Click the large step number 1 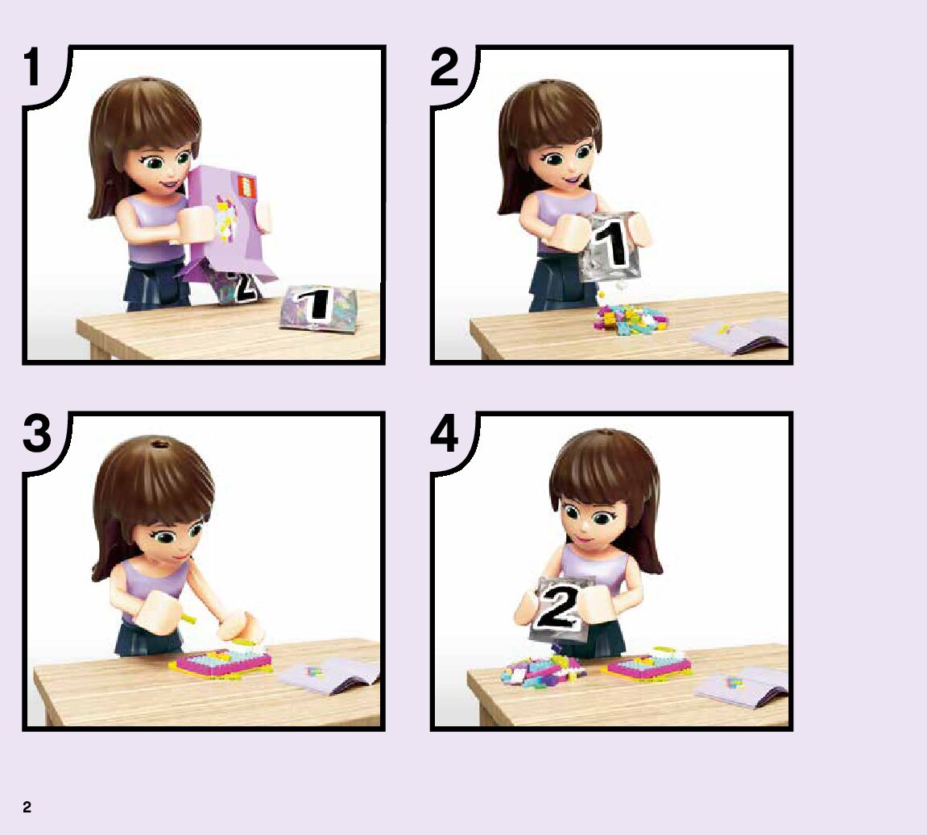(x=32, y=68)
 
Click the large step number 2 (x=445, y=68)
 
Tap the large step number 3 (x=37, y=434)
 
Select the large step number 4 (x=445, y=434)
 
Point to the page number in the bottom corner (x=27, y=808)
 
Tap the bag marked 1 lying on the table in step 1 (x=318, y=308)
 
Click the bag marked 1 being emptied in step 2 (x=610, y=247)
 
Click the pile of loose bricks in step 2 (x=631, y=319)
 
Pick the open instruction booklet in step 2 (x=739, y=336)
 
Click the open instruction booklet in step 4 (x=742, y=686)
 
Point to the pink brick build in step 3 (x=221, y=663)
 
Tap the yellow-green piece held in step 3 (x=187, y=618)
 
